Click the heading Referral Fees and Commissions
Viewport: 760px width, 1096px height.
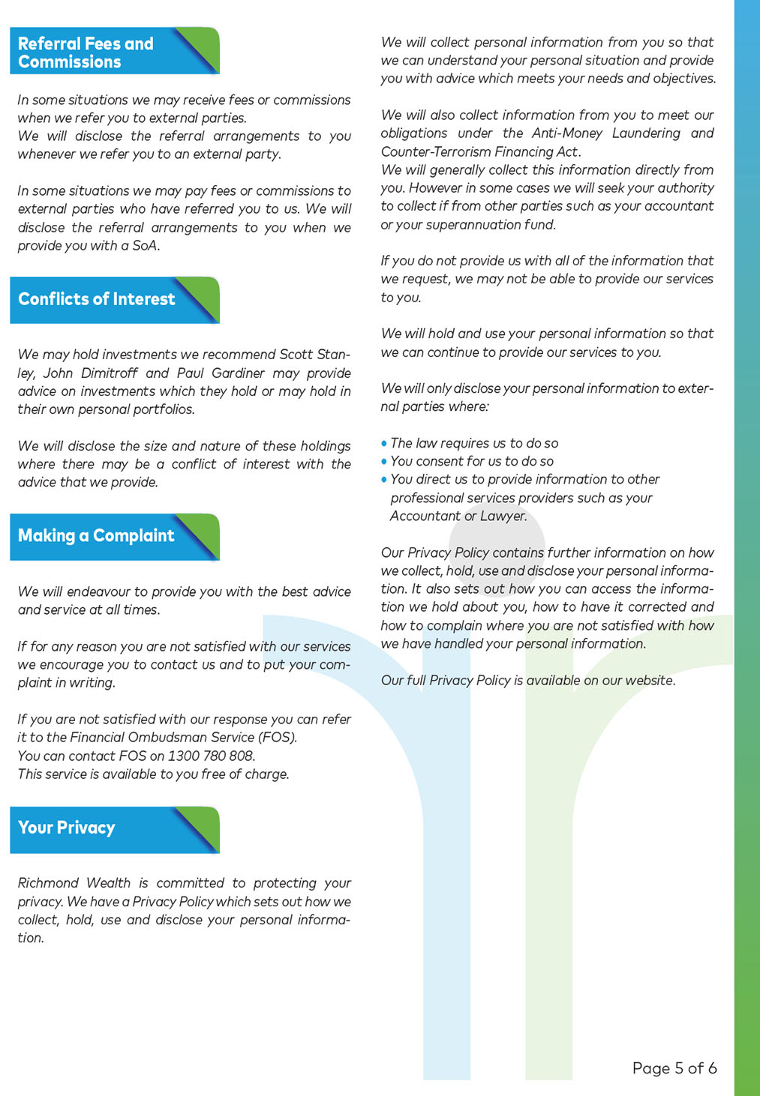[x=86, y=52]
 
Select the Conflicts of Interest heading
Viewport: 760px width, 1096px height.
[x=96, y=299]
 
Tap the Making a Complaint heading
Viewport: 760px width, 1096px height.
[x=96, y=536]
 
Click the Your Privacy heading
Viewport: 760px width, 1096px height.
[x=67, y=828]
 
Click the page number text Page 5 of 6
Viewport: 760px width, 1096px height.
[x=674, y=1068]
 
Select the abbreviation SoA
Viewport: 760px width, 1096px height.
[x=145, y=246]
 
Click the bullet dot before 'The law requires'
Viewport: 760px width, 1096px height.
[x=384, y=444]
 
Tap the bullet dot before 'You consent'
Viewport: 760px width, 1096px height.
[x=384, y=462]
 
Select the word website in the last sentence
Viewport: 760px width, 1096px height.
[x=649, y=681]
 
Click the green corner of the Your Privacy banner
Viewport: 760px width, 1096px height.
[x=206, y=819]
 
